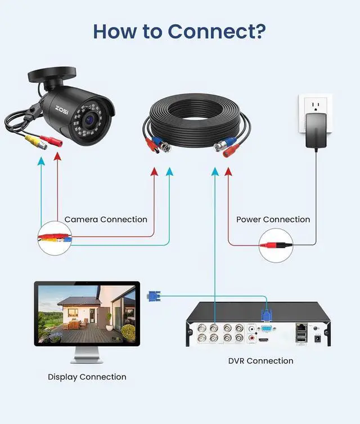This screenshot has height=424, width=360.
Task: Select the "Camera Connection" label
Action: pos(106,220)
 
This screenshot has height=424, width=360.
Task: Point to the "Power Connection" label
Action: pos(273,220)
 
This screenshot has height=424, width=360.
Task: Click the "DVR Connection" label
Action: pos(260,360)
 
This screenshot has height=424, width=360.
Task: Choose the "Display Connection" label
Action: pos(87,377)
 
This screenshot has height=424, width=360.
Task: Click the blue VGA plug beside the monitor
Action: pos(153,296)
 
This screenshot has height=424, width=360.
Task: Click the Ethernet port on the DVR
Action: pos(302,328)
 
